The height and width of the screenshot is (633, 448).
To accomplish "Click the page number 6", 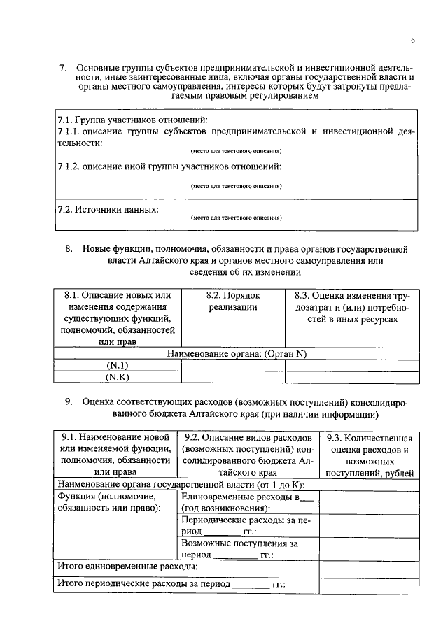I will [x=413, y=41].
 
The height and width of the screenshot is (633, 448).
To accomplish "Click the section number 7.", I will [x=62, y=68].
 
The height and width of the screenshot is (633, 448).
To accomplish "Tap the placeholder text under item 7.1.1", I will [x=236, y=151].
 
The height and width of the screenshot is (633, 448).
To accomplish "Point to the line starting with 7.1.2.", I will [x=169, y=166].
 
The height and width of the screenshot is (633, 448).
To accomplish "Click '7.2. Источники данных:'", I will [x=107, y=209].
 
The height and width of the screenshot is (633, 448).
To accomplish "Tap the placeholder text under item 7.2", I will [x=236, y=218].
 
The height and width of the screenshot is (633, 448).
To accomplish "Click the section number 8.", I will [x=69, y=249].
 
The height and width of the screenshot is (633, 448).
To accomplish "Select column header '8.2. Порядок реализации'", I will [x=233, y=301].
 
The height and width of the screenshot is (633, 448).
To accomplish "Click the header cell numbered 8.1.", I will [x=116, y=318].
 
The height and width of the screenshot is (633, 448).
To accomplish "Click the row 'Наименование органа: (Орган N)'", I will [x=237, y=354].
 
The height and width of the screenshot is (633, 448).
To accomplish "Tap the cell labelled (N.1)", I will [x=117, y=365].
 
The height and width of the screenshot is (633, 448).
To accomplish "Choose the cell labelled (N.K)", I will [x=117, y=377].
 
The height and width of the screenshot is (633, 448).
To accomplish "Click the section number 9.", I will [x=69, y=402].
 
